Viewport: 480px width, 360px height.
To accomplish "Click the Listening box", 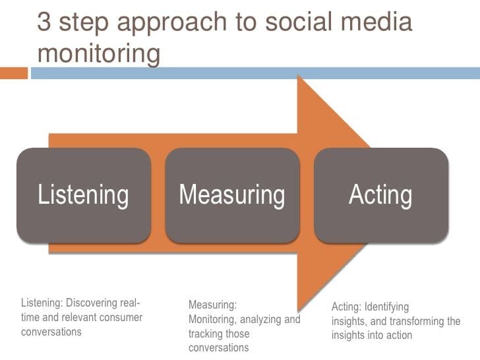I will pyautogui.click(x=83, y=195).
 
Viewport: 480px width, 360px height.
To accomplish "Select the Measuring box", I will pyautogui.click(x=232, y=195).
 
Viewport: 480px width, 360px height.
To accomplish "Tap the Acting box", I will pyautogui.click(x=381, y=195).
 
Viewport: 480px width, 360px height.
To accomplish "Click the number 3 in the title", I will pyautogui.click(x=44, y=21).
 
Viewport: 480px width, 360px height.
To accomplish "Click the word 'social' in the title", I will pyautogui.click(x=297, y=21).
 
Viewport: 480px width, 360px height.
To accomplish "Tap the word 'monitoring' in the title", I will pyautogui.click(x=99, y=53).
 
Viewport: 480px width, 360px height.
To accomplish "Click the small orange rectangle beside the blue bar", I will pyautogui.click(x=14, y=73).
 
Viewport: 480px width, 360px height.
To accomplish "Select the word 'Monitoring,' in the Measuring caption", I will pyautogui.click(x=214, y=320).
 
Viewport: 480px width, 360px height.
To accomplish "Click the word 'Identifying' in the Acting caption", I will pyautogui.click(x=386, y=307).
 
